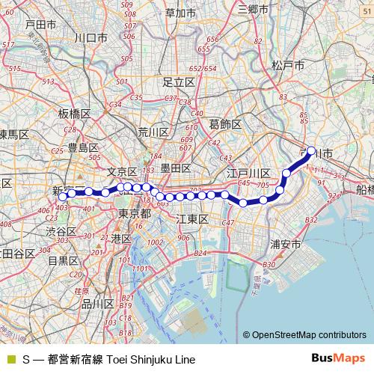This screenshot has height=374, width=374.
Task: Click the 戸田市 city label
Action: coord(40,25)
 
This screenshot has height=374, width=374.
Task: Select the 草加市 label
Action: coord(180,13)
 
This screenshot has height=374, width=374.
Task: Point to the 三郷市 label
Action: coord(253,9)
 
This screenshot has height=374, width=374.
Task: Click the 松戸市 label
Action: coord(289,66)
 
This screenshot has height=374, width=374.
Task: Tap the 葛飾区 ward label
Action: coord(225,123)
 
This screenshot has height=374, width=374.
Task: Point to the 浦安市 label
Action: coord(286,245)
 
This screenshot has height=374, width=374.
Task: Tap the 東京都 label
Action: coord(135,214)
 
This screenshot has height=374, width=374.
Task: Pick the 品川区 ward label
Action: coord(97,304)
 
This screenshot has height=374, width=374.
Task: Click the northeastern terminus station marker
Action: coord(312,150)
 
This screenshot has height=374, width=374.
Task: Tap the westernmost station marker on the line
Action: coord(69,194)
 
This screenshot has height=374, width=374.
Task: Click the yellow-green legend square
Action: coord(10,359)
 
